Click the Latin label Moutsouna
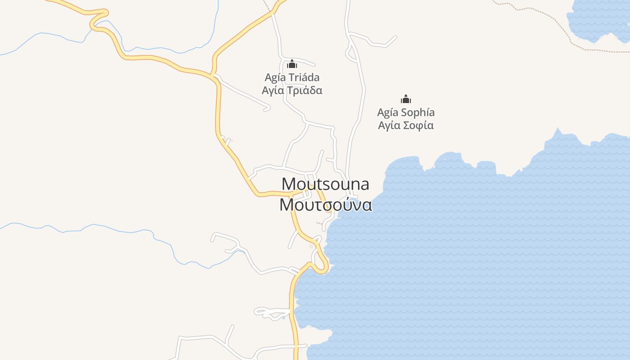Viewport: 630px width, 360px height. tap(325, 184)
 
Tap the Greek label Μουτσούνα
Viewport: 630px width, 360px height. tap(325, 205)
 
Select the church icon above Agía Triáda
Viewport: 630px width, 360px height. tap(292, 64)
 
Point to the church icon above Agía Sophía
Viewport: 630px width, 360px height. tap(406, 99)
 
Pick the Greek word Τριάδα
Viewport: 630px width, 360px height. tap(305, 90)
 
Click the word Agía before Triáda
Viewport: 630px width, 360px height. tap(275, 77)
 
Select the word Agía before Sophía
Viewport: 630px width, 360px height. tap(388, 112)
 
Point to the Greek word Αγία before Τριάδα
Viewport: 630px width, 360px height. tap(273, 90)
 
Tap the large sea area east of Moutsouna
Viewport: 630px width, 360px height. tap(472, 247)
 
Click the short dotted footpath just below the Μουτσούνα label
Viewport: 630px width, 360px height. tap(322, 223)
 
